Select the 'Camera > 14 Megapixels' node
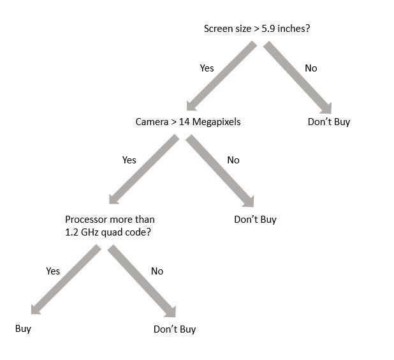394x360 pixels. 188,121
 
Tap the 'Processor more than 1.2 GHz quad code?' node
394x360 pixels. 109,225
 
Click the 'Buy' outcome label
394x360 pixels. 23,329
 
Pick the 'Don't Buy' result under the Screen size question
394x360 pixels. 329,121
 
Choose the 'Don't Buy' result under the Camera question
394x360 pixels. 255,220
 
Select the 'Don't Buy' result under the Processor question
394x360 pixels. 175,329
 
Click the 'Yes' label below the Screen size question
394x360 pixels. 207,68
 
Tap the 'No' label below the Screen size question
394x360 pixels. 310,68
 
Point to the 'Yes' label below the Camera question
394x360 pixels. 129,160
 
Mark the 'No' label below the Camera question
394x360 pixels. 233,160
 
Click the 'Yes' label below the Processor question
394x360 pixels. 53,271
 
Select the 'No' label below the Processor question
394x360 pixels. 157,271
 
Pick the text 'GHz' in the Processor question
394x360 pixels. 91,232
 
